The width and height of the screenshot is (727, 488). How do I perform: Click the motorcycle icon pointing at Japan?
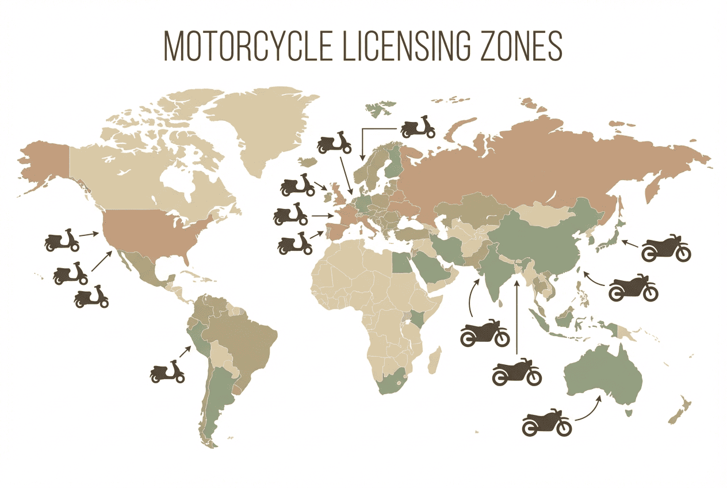[x=665, y=248]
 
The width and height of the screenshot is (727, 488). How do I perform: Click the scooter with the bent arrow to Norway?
[x=418, y=128]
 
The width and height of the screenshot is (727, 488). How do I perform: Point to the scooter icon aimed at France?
[x=291, y=214]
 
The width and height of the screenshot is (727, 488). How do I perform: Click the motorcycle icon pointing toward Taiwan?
[x=633, y=287]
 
